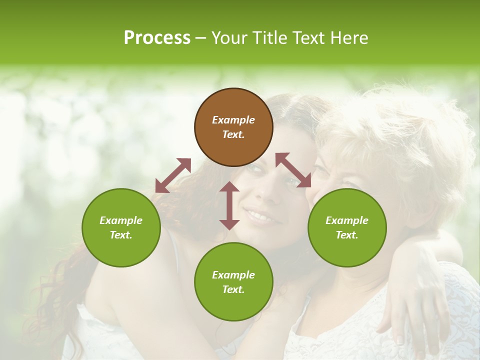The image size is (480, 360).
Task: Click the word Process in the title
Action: coord(157,38)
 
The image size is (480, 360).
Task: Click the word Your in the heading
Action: coord(229,38)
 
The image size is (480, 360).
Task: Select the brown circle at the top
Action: coord(233,127)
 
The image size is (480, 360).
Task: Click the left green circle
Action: coord(121,227)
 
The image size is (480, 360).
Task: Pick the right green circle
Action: coord(346,227)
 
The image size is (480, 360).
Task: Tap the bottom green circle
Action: coord(233,281)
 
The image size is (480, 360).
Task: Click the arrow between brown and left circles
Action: coord(173,175)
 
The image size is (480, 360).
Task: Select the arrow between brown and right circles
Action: coord(293,170)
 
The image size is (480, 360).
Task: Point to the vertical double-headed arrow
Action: coord(229,205)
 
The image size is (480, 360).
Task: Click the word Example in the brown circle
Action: coord(233,120)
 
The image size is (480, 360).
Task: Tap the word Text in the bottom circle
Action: coord(233,289)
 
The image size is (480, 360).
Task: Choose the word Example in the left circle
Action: coord(121,220)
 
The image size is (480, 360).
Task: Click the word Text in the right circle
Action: coord(346,235)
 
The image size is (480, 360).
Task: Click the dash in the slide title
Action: coord(201,38)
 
